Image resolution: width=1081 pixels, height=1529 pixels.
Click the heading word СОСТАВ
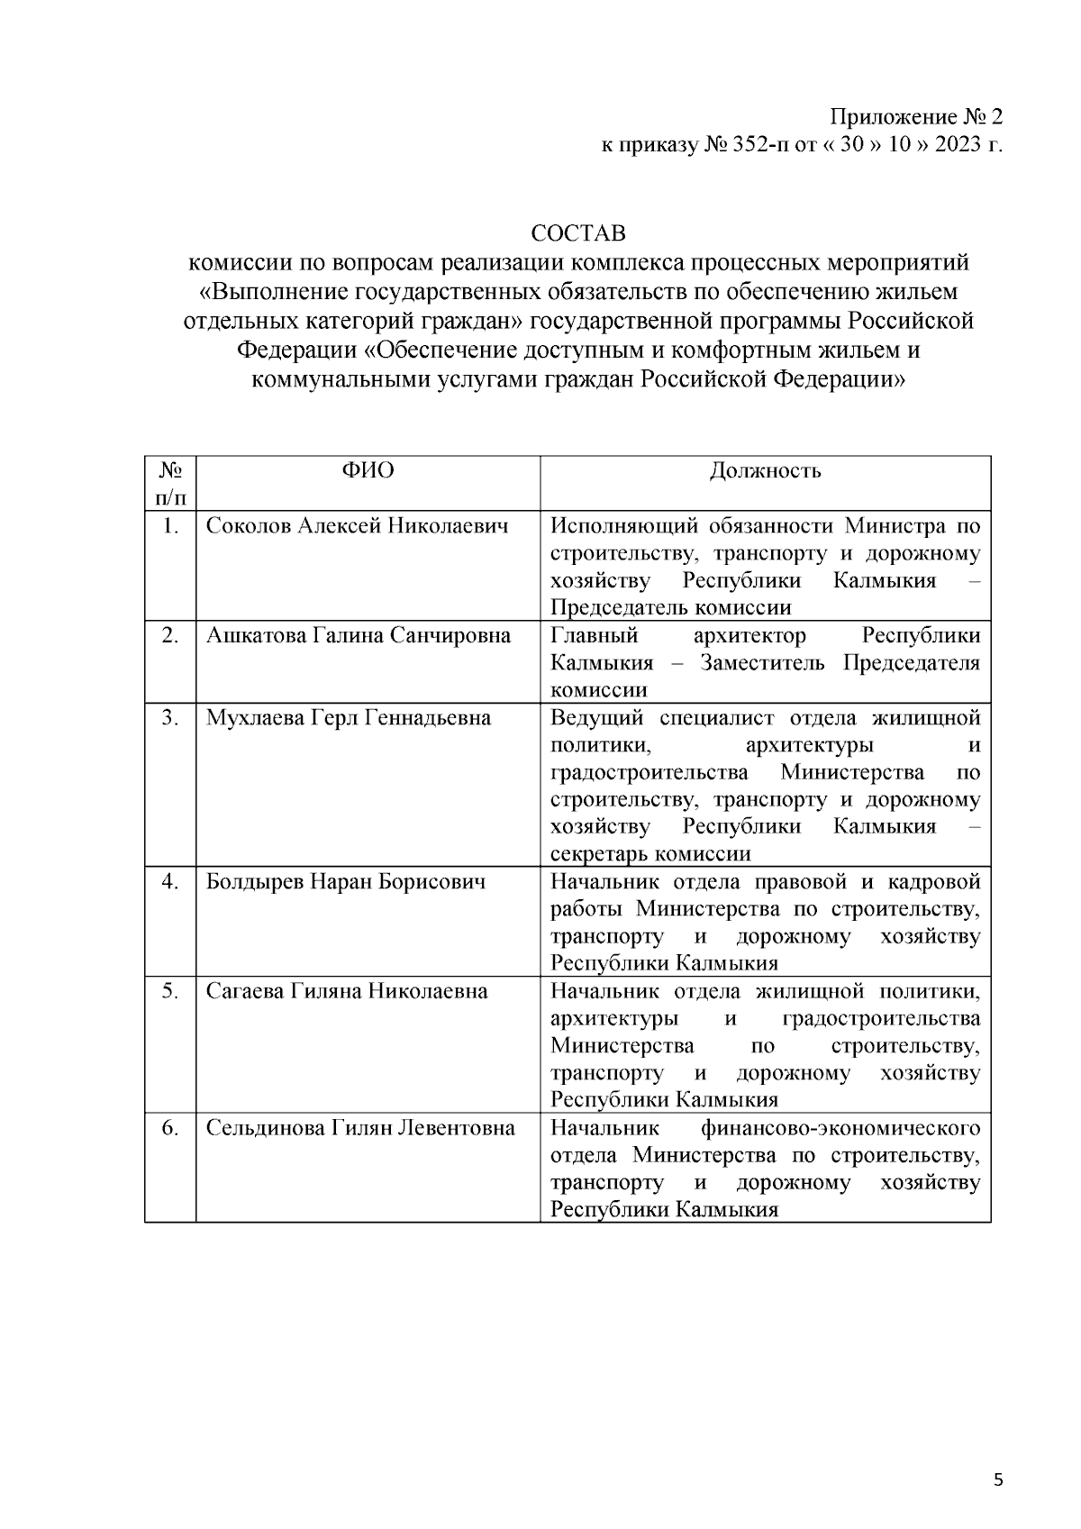click(x=578, y=234)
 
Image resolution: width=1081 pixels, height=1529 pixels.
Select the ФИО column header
click(x=368, y=471)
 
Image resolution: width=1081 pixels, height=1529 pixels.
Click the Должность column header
click(x=765, y=471)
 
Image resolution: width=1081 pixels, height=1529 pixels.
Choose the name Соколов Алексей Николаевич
click(x=357, y=526)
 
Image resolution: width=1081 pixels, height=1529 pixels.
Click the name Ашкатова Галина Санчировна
click(x=358, y=636)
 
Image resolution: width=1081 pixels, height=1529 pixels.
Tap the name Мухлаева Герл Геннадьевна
click(x=349, y=718)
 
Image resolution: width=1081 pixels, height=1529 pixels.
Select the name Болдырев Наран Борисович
click(x=346, y=882)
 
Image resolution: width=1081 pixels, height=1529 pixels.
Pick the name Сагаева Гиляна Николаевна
click(x=347, y=992)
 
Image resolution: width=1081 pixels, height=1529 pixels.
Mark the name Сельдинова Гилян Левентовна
click(x=360, y=1129)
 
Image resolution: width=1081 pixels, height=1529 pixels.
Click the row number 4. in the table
click(x=170, y=882)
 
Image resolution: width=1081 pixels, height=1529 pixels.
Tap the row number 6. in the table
click(x=170, y=1129)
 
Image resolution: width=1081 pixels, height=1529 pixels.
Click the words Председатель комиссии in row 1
click(x=671, y=608)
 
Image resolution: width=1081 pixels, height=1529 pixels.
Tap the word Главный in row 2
click(x=594, y=636)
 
